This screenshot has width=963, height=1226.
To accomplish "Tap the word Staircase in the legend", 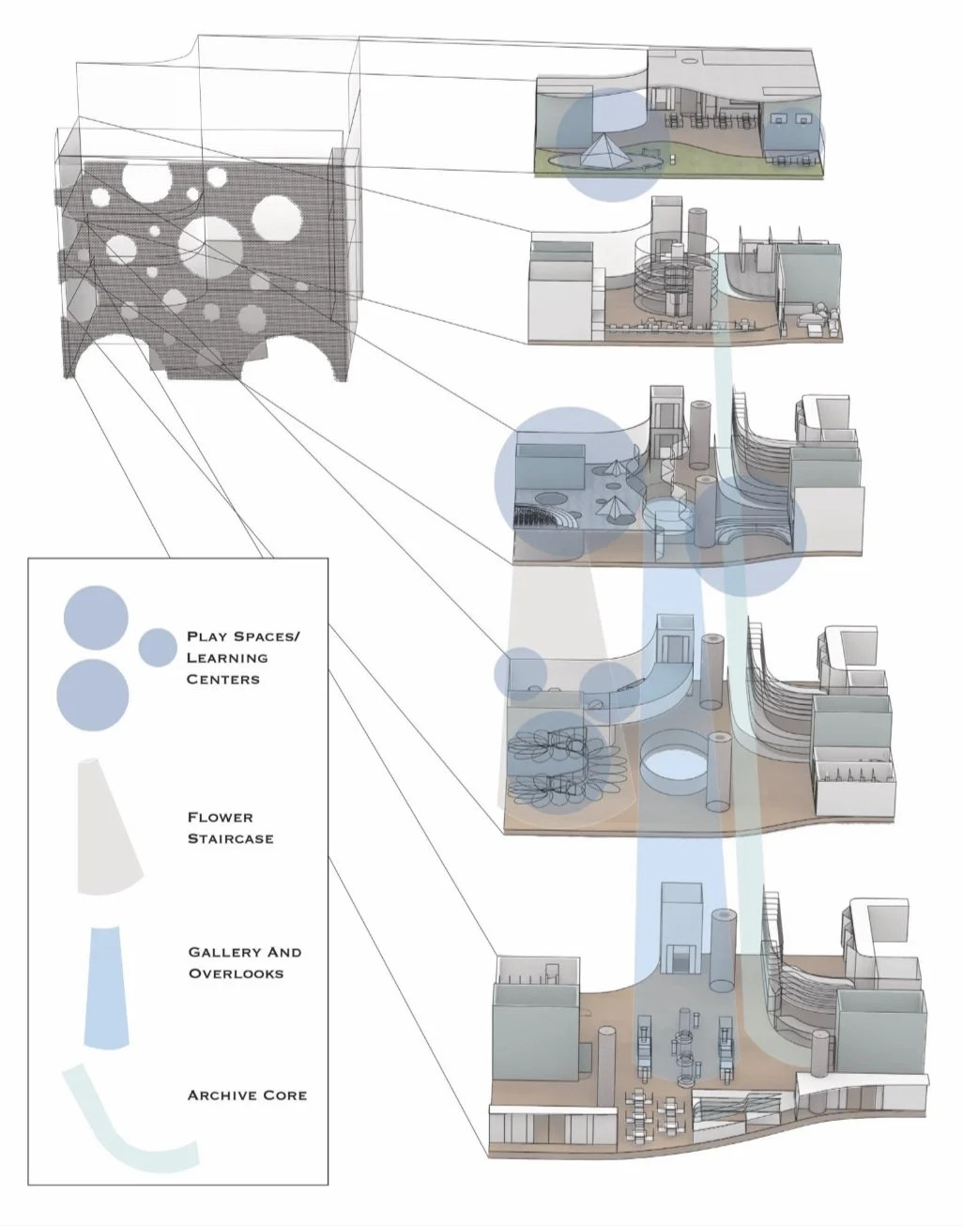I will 230,838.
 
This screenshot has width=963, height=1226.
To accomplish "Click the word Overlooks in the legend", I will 236,973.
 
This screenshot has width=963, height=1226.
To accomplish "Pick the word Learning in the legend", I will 227,658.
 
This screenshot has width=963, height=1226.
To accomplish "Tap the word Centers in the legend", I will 223,679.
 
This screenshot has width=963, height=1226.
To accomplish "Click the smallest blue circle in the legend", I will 158,648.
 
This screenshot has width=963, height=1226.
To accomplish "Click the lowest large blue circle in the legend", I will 93,696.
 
